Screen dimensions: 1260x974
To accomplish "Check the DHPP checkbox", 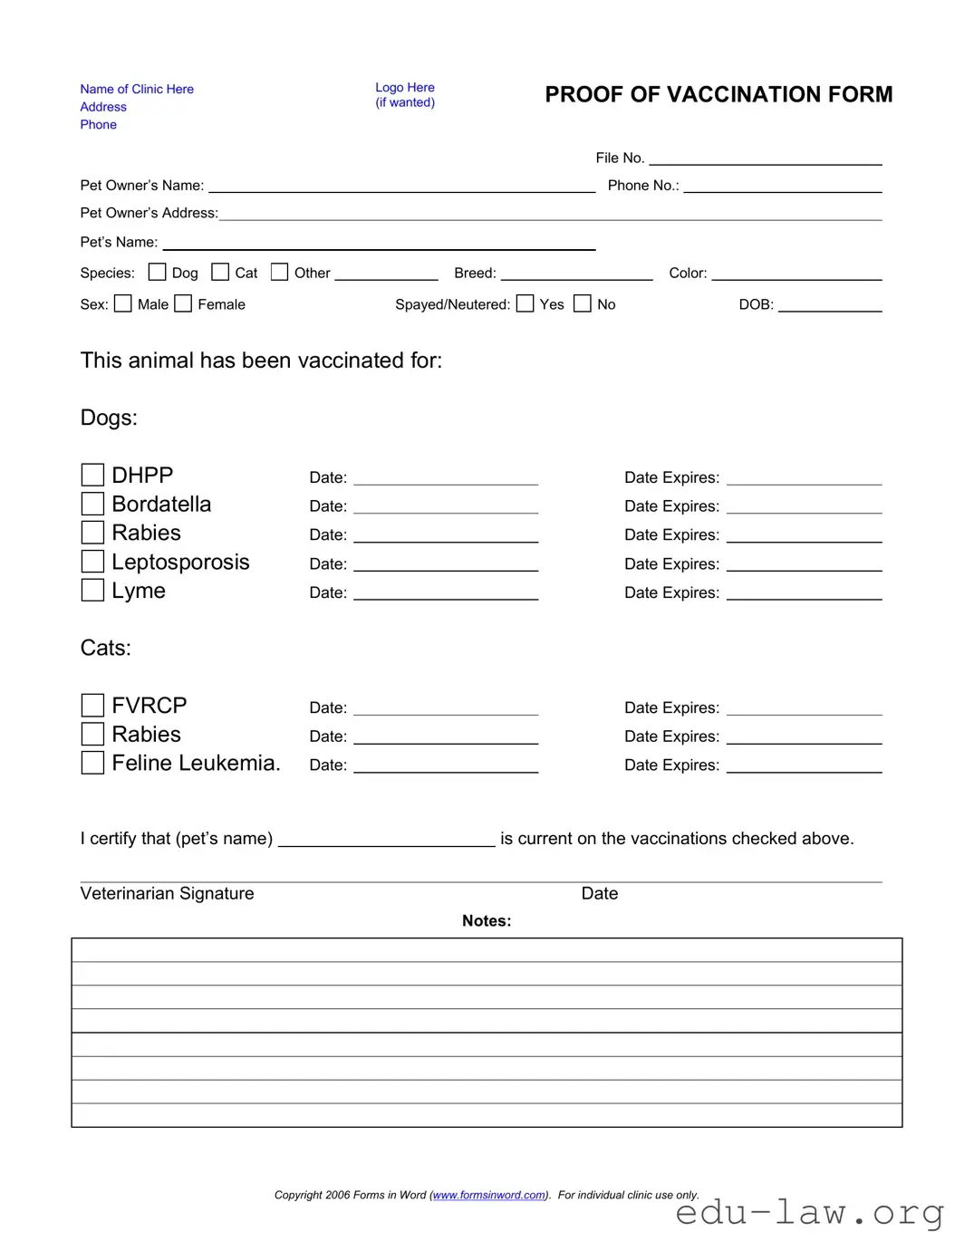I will pos(92,475).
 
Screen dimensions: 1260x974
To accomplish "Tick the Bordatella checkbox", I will pos(92,504).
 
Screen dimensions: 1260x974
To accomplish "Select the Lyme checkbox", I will pos(92,591).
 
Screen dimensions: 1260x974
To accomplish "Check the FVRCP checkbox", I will pos(92,705).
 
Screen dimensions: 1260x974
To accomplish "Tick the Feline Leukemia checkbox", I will pos(92,763).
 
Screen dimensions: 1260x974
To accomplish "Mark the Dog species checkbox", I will pos(158,272).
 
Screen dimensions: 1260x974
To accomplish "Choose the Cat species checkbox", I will pos(220,272).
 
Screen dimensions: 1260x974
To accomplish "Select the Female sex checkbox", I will pos(183,303).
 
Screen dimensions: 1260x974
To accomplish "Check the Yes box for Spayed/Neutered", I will pos(526,303).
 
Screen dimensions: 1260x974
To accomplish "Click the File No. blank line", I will pos(766,159).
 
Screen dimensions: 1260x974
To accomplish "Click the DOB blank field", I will pos(830,305).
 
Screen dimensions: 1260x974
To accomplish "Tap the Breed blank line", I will pos(576,274).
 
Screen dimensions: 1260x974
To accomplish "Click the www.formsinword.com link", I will pos(489,1195).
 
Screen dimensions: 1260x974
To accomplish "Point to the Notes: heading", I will pos(487,921).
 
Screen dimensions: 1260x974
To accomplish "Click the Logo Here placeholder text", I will pos(405,88).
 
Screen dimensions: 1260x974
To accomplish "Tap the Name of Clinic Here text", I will pos(137,89).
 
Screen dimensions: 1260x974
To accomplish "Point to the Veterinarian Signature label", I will pos(167,893).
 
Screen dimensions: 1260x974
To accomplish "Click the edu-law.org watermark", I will pos(810,1212).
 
